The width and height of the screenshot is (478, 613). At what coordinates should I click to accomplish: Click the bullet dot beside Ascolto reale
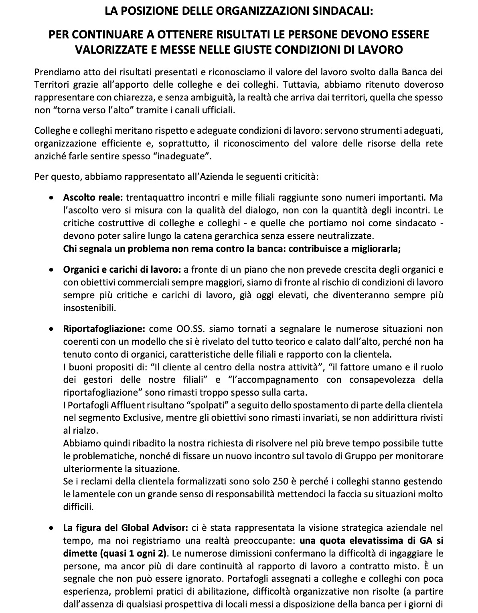[51, 197]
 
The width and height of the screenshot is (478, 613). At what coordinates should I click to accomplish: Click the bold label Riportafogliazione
[104, 329]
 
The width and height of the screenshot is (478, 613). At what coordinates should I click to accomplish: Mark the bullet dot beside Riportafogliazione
[51, 329]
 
